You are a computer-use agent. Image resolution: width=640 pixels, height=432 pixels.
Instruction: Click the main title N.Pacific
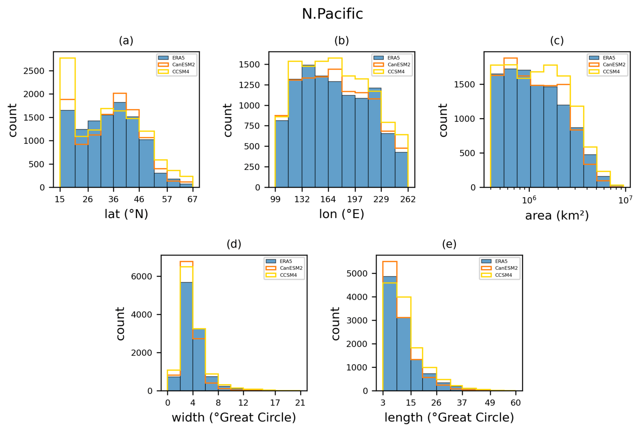(332, 14)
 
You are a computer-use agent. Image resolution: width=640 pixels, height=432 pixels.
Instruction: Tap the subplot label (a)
(126, 41)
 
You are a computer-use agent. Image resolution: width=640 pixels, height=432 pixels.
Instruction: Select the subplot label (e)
(449, 244)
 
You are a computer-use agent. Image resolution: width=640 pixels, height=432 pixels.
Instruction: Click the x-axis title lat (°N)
(126, 214)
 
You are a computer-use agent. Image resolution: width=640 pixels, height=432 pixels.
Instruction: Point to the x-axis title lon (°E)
(341, 214)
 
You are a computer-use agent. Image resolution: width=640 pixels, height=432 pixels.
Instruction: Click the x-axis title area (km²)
(557, 216)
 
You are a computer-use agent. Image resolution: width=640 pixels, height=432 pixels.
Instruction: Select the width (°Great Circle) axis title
(234, 418)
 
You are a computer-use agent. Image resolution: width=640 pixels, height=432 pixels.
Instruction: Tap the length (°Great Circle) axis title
(449, 418)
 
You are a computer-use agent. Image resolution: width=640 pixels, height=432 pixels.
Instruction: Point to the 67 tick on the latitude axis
(192, 199)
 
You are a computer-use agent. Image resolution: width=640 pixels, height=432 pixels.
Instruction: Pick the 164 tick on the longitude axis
(328, 199)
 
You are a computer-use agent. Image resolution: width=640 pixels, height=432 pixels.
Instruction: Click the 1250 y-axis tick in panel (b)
(249, 85)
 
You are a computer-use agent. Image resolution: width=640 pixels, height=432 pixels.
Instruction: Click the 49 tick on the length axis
(490, 403)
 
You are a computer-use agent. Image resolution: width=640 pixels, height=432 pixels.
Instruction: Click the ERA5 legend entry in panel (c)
(609, 58)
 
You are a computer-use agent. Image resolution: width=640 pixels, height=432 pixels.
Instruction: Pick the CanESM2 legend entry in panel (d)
(291, 268)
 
